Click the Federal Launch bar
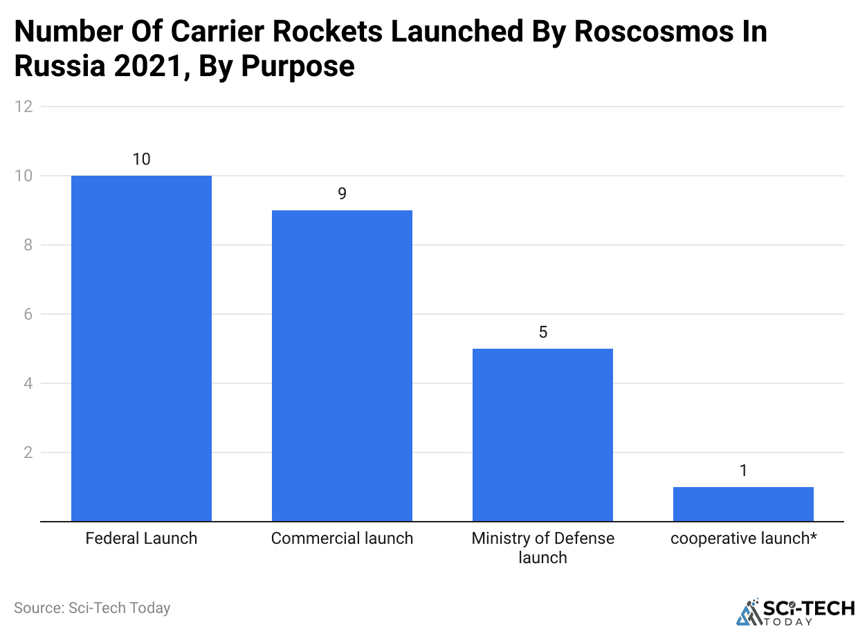pyautogui.click(x=141, y=348)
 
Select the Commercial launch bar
pyautogui.click(x=342, y=365)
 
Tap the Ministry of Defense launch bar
pyautogui.click(x=542, y=435)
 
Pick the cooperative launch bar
pyautogui.click(x=743, y=504)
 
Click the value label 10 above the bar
pyautogui.click(x=141, y=159)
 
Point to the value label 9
pyautogui.click(x=342, y=194)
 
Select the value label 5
pyautogui.click(x=542, y=332)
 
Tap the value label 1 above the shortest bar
pyautogui.click(x=743, y=470)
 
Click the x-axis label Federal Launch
pyautogui.click(x=141, y=538)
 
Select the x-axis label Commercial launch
pyautogui.click(x=342, y=538)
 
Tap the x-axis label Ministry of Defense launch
pyautogui.click(x=542, y=548)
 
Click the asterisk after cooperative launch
pyautogui.click(x=813, y=536)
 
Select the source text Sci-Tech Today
pyautogui.click(x=119, y=608)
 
